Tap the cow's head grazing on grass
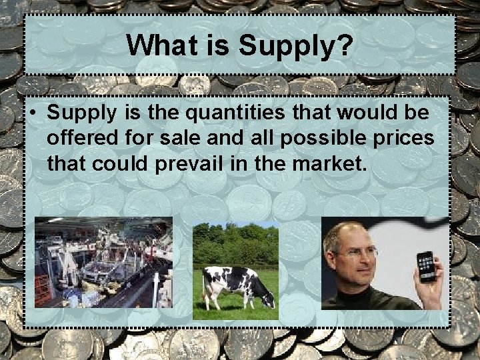(267, 300)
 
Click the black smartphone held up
(425, 266)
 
